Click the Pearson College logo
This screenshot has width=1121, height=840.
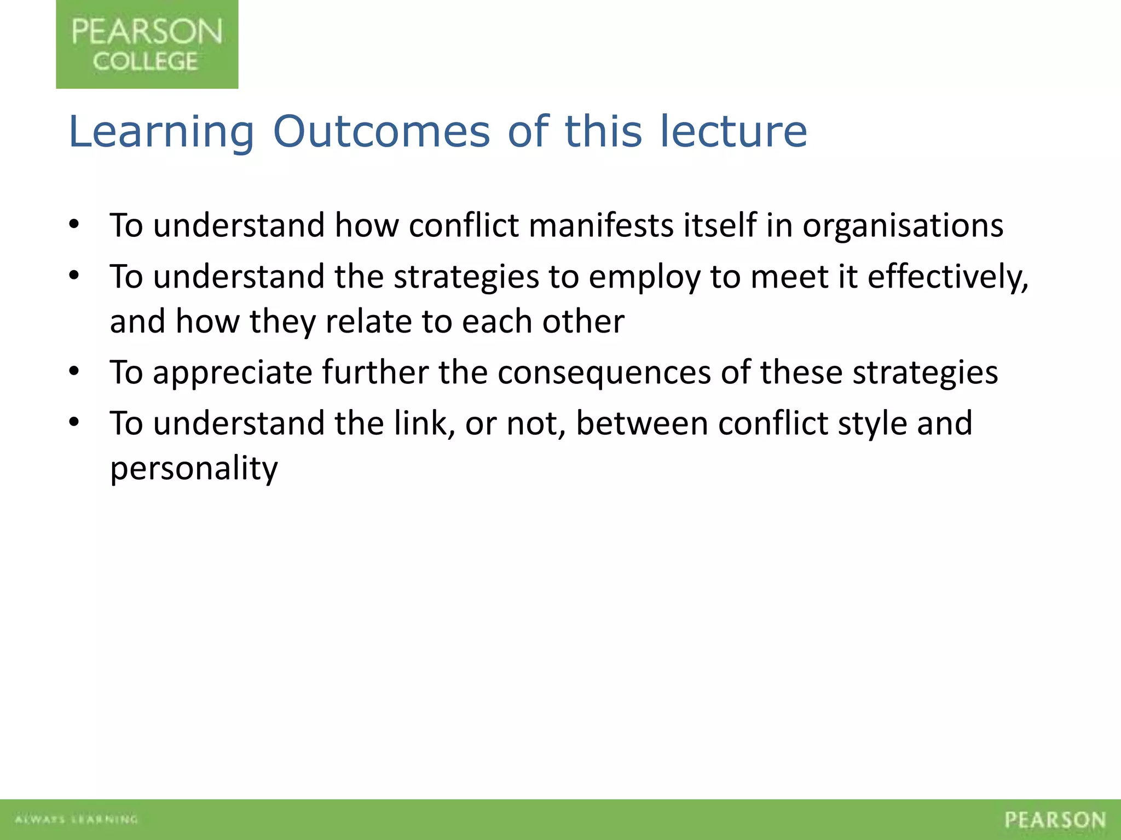coord(147,44)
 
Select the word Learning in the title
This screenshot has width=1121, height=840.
coord(161,133)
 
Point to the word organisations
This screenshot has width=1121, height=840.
coord(903,226)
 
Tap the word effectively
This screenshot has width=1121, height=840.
coord(947,277)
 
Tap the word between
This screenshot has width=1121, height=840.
coord(642,423)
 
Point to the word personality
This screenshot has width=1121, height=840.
coord(194,469)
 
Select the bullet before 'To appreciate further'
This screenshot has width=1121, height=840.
coord(74,372)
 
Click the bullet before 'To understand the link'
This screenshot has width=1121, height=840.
coord(74,422)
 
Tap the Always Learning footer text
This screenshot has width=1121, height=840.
coord(76,819)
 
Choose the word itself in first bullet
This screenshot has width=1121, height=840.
coord(720,225)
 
